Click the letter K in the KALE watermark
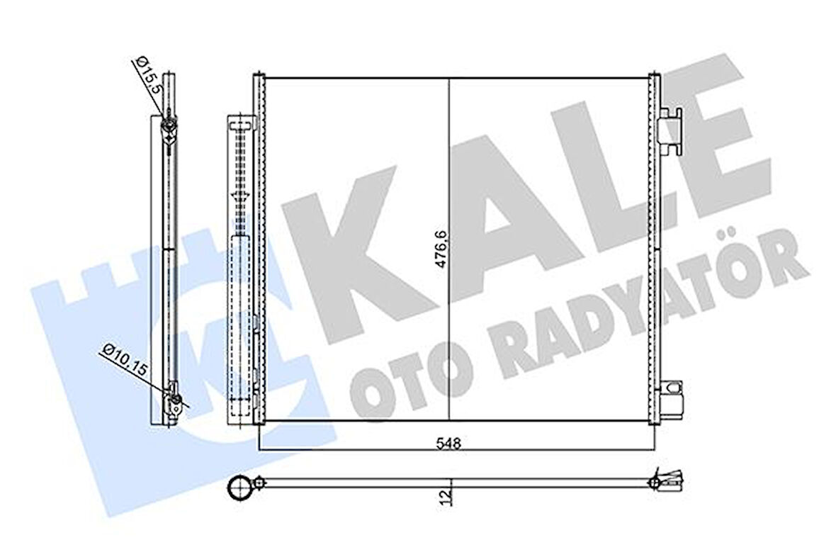354,244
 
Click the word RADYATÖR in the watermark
638,312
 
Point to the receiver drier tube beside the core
240,269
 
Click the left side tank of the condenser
259,248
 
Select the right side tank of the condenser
655,248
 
